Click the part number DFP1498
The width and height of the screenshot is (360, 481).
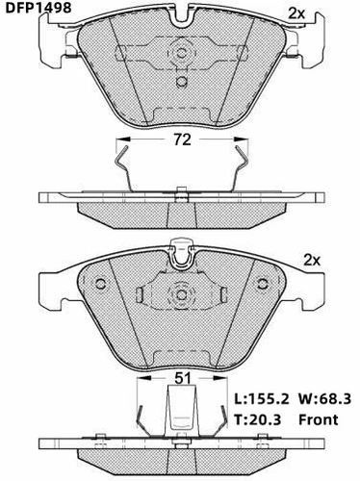39,8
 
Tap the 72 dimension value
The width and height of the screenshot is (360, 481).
182,139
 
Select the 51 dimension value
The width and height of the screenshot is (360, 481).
183,378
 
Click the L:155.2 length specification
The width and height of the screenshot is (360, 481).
262,399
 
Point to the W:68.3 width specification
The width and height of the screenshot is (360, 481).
324,399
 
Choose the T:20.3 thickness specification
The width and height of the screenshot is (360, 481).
257,419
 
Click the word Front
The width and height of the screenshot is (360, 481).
318,419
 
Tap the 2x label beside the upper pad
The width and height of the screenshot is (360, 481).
296,13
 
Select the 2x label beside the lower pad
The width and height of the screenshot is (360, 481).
312,261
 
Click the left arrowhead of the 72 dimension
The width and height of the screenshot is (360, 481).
123,139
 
